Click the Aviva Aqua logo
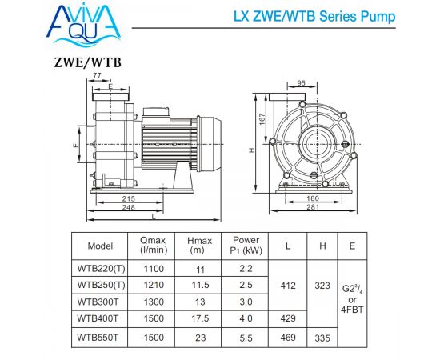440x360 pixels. point(84,25)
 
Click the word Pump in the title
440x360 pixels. point(378,17)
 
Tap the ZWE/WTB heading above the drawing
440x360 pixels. point(87,62)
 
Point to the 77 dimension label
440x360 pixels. point(97,75)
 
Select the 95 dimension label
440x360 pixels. point(301,83)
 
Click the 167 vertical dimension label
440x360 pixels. point(262,119)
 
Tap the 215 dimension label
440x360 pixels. point(129,198)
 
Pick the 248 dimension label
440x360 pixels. point(129,207)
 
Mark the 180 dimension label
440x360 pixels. point(313,198)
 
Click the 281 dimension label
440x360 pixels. point(313,207)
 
